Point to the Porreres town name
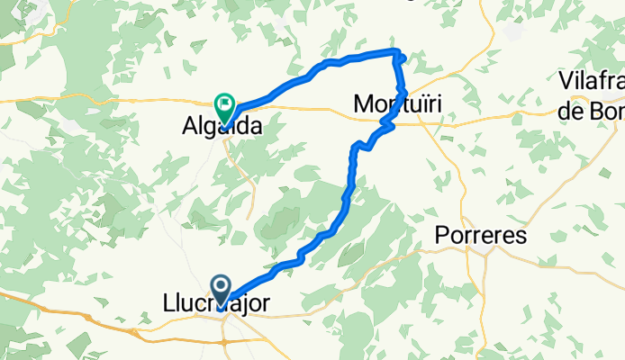[x=480, y=236]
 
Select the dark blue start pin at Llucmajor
[x=222, y=289]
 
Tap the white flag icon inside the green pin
[x=222, y=103]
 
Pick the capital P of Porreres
[x=441, y=236]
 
